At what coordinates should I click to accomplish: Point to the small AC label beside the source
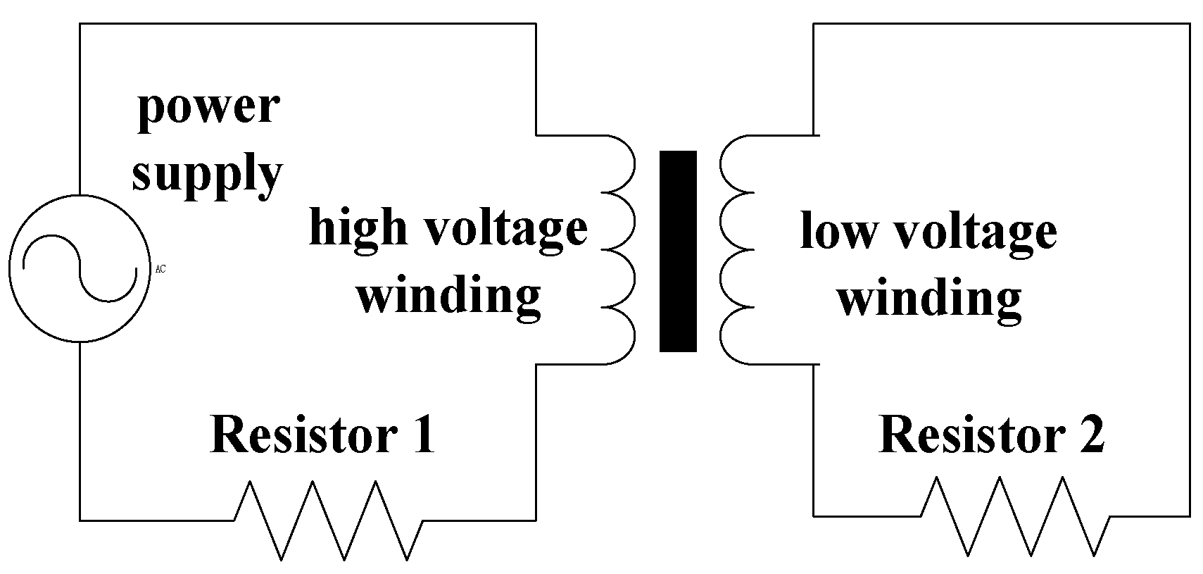(x=160, y=269)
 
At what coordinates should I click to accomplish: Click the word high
(x=358, y=228)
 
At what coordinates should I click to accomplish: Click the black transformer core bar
(x=677, y=251)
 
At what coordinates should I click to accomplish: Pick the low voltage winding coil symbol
(x=736, y=249)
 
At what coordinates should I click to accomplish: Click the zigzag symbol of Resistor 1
(x=328, y=521)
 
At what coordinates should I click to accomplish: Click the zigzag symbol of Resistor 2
(x=1016, y=516)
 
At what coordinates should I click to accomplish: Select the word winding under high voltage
(x=448, y=294)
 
